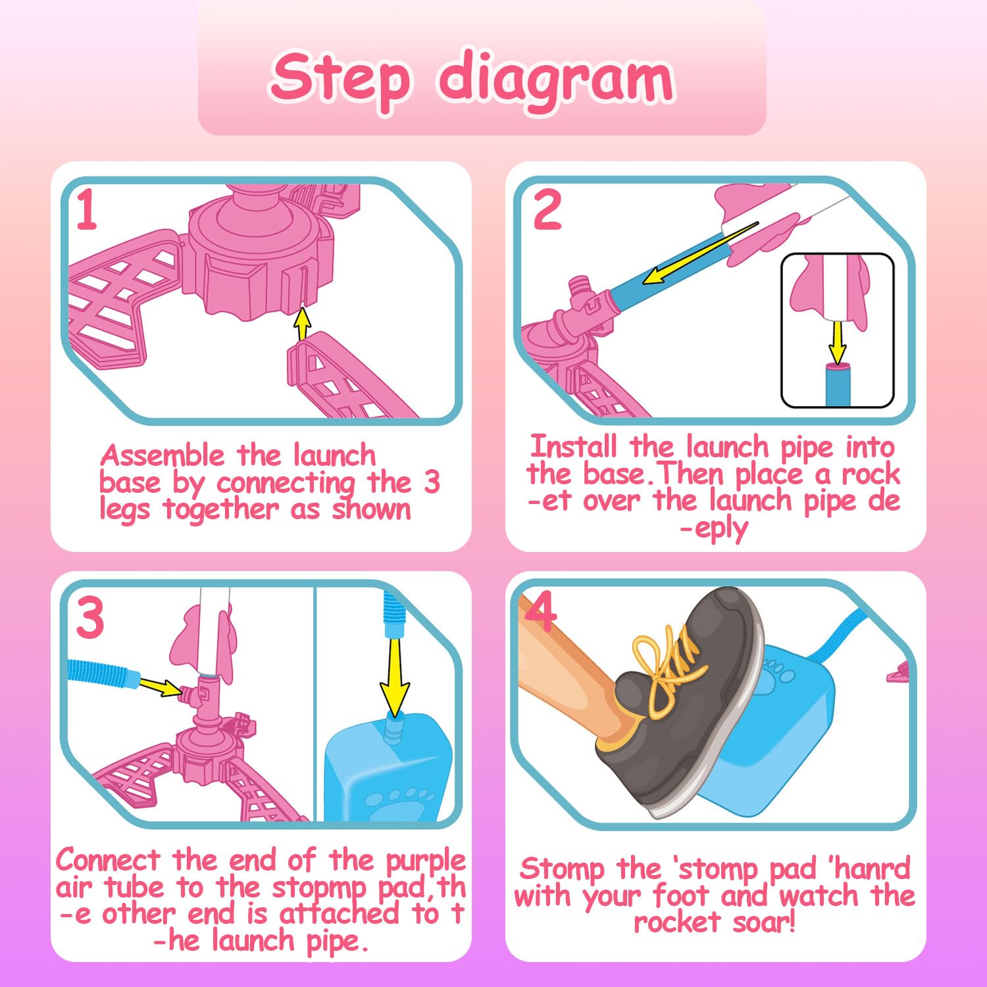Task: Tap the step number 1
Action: pyautogui.click(x=88, y=210)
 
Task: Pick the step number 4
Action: pyautogui.click(x=541, y=611)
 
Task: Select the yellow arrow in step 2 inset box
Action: pyautogui.click(x=837, y=342)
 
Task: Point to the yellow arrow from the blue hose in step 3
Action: pyautogui.click(x=161, y=686)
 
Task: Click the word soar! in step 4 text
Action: pyautogui.click(x=765, y=923)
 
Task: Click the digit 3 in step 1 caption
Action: pyautogui.click(x=432, y=482)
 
